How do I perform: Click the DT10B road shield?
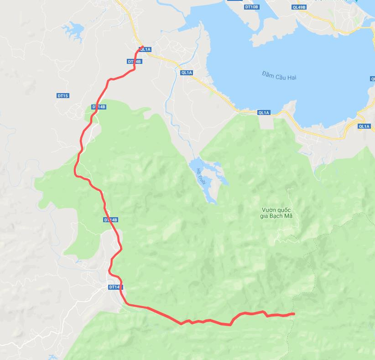(x=251, y=7)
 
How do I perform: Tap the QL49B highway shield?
(x=299, y=7)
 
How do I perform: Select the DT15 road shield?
(x=62, y=95)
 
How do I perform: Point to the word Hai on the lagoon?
(x=292, y=77)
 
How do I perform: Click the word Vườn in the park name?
(x=270, y=210)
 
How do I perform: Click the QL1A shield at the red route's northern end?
(x=145, y=49)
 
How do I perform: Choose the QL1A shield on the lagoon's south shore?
(x=264, y=112)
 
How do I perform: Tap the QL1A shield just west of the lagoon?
(x=187, y=73)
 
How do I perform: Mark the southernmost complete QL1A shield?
(x=364, y=126)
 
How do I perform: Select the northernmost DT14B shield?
(x=135, y=61)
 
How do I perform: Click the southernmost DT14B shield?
(x=116, y=287)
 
